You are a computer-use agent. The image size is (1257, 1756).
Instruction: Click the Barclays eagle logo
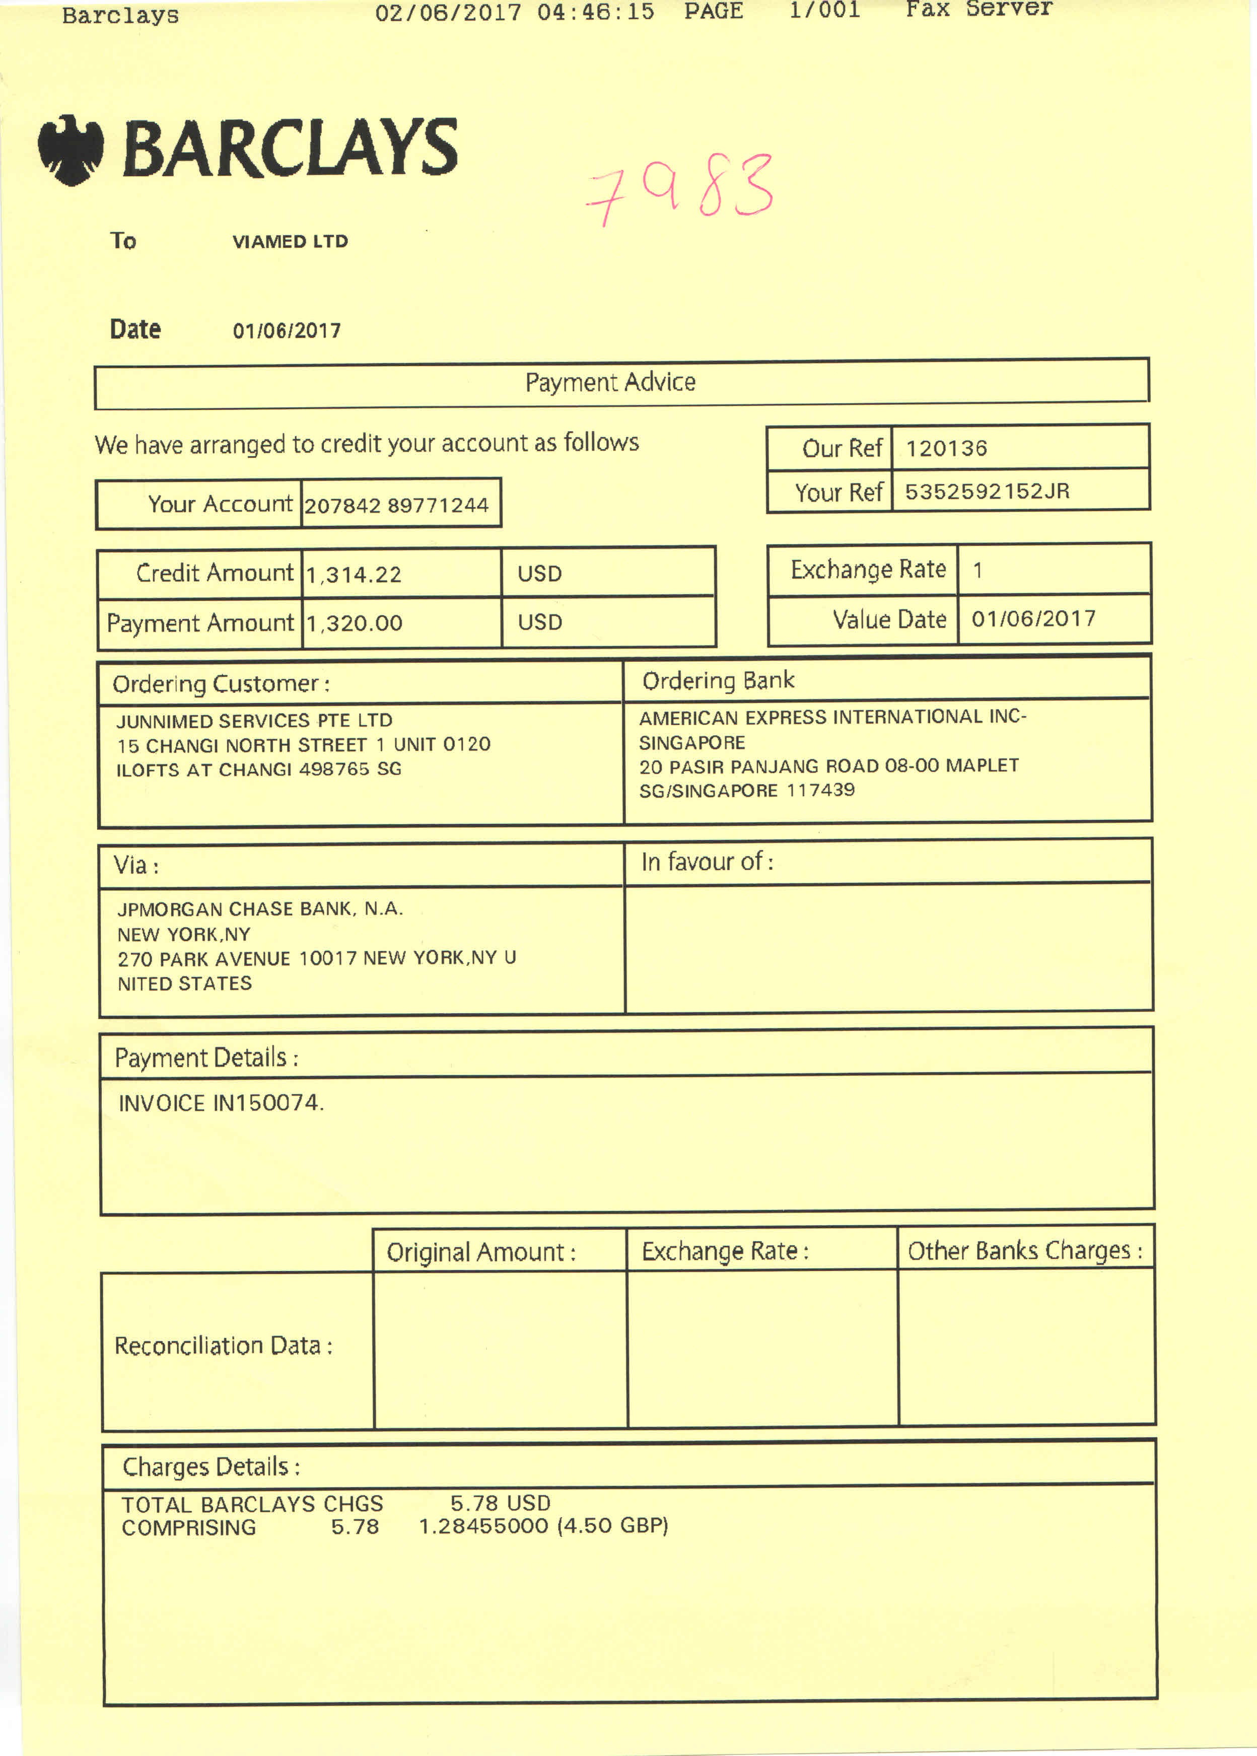click(x=71, y=150)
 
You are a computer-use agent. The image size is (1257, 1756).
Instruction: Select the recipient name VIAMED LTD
click(x=290, y=241)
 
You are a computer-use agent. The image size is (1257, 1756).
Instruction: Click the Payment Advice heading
click(x=610, y=382)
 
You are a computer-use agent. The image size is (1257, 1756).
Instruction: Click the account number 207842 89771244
click(x=396, y=506)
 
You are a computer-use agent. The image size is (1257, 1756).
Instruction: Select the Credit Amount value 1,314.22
click(x=354, y=574)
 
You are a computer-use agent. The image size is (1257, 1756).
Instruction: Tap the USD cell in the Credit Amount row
click(x=539, y=574)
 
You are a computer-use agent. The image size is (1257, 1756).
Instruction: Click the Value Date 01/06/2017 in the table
click(x=1033, y=618)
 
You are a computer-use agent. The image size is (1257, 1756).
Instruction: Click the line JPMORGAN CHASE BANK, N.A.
click(x=260, y=908)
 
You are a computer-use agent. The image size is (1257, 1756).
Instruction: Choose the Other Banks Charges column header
click(x=1024, y=1250)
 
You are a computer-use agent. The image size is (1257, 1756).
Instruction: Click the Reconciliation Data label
click(x=223, y=1345)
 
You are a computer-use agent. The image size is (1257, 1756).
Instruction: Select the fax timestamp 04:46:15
click(x=595, y=12)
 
